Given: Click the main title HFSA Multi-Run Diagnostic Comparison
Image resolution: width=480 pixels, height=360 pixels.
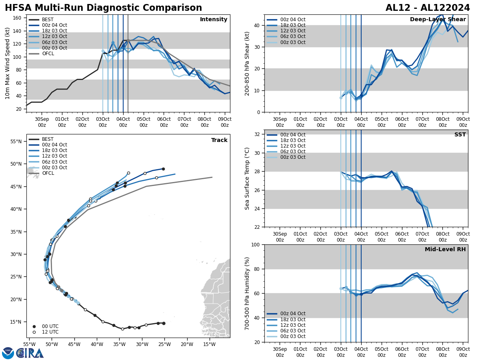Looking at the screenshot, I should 103,8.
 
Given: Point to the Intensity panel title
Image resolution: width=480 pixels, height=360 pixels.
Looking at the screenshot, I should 214,20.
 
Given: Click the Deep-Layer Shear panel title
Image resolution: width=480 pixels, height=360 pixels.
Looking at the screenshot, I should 438,20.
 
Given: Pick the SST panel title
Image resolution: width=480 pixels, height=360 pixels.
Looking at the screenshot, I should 460,135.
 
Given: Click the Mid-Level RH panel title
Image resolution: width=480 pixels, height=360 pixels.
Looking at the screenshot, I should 445,250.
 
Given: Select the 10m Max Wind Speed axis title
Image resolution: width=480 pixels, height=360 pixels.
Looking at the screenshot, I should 8,64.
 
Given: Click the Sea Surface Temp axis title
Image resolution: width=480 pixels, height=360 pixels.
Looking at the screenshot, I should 248,178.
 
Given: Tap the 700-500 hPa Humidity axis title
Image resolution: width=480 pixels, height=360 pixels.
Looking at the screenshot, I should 248,293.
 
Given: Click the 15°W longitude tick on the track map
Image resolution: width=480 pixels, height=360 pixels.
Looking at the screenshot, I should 209,344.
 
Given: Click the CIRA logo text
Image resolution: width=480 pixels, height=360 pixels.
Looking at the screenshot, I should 30,353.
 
